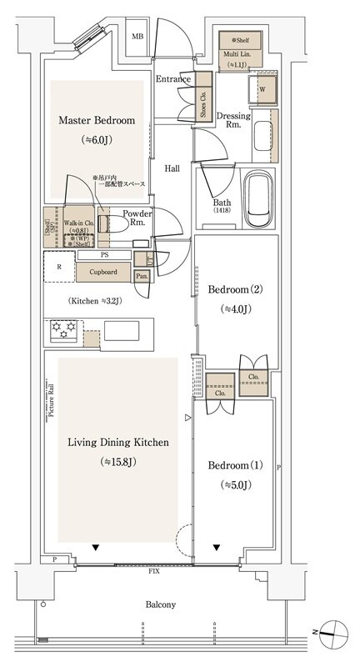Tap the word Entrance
tap(173, 79)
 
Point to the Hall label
tap(172, 168)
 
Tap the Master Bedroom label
tap(96, 121)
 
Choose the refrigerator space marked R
tap(58, 268)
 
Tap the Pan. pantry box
tap(142, 275)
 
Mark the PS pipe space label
tap(104, 254)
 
